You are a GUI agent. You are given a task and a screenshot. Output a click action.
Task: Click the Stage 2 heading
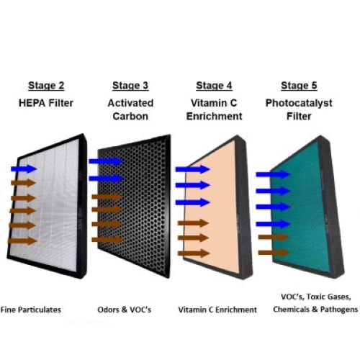pyautogui.click(x=46, y=86)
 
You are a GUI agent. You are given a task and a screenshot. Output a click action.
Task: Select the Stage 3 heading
pyautogui.click(x=130, y=86)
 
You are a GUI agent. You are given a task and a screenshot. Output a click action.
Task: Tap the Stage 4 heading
pyautogui.click(x=214, y=86)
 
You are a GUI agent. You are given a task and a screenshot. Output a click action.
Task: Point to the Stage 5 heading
pyautogui.click(x=299, y=86)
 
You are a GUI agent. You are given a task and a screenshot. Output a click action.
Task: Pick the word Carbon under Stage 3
pyautogui.click(x=130, y=117)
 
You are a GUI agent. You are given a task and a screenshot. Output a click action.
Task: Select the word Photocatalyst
pyautogui.click(x=299, y=104)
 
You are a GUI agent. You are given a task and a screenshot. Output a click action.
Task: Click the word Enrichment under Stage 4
pyautogui.click(x=215, y=117)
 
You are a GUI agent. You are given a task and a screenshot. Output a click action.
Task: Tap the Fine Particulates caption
pyautogui.click(x=30, y=310)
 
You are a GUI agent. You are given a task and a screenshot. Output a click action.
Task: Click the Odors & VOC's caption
pyautogui.click(x=125, y=310)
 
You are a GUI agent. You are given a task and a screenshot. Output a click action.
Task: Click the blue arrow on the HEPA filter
pyautogui.click(x=24, y=168)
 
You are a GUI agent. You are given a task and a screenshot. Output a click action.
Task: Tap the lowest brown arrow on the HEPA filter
pyautogui.click(x=22, y=240)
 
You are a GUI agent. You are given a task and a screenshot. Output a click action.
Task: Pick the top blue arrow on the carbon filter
pyautogui.click(x=106, y=161)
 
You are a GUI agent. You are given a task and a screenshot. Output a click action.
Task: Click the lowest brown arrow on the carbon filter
pyautogui.click(x=107, y=240)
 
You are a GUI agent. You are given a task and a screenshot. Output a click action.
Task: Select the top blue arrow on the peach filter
pyautogui.click(x=193, y=169)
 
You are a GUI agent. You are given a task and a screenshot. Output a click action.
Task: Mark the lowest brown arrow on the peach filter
pyautogui.click(x=194, y=253)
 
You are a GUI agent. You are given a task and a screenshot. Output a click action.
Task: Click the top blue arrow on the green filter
pyautogui.click(x=274, y=174)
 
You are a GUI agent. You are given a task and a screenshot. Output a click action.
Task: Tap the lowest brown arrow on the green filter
pyautogui.click(x=274, y=253)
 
